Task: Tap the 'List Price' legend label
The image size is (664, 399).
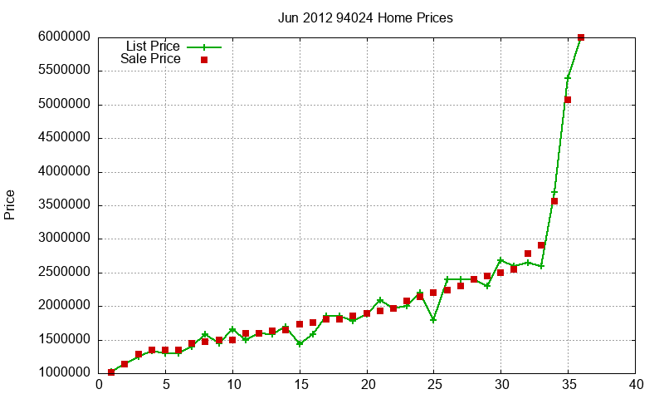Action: (153, 47)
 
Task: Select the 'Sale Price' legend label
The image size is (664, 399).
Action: (150, 59)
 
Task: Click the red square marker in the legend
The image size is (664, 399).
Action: (204, 60)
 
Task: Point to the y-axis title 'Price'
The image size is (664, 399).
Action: (10, 204)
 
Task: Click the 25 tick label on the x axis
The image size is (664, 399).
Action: (434, 385)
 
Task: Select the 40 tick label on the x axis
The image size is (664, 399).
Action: (636, 385)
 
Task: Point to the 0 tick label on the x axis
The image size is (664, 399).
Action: (99, 385)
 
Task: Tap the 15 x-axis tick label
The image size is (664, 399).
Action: (300, 385)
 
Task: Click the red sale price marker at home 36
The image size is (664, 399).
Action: (581, 37)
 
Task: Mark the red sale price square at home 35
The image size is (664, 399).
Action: (568, 100)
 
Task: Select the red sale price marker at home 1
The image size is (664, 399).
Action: (111, 372)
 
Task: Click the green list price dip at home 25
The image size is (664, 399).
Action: (433, 319)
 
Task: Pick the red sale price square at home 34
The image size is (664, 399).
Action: (554, 201)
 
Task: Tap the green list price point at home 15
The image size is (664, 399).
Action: (300, 343)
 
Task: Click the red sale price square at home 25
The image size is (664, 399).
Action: (433, 293)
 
